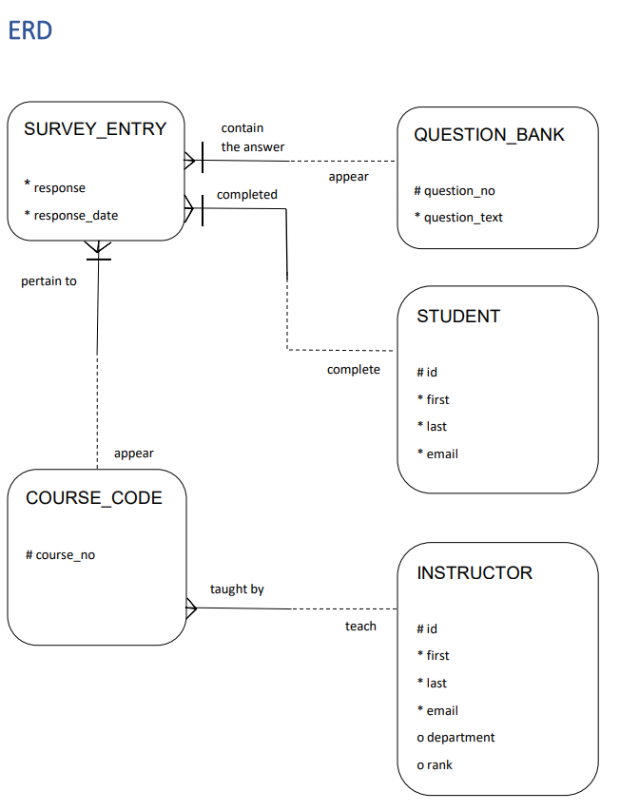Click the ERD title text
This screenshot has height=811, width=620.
[x=29, y=30]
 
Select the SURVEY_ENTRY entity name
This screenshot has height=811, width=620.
[x=95, y=129]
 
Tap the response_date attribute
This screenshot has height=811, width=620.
[x=75, y=216]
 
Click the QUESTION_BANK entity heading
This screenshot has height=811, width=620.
[x=489, y=135]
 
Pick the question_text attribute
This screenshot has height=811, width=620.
[x=463, y=218]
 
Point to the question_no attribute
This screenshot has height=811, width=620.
[x=459, y=191]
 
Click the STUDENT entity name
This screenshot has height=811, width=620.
[x=458, y=317]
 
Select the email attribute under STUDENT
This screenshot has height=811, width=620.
[x=441, y=454]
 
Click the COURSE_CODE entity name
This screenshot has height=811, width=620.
[x=94, y=498]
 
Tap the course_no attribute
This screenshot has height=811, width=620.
[x=64, y=555]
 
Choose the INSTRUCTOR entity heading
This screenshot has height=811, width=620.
[x=475, y=573]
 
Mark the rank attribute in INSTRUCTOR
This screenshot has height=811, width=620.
[x=438, y=765]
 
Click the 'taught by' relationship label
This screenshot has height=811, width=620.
[x=237, y=589]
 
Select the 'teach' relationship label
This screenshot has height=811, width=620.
[x=360, y=627]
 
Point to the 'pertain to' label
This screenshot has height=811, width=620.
[x=49, y=281]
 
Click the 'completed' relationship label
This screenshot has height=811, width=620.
[x=247, y=195]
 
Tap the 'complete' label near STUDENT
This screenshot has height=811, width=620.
[x=354, y=370]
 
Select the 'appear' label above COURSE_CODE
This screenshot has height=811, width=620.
[x=134, y=454]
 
